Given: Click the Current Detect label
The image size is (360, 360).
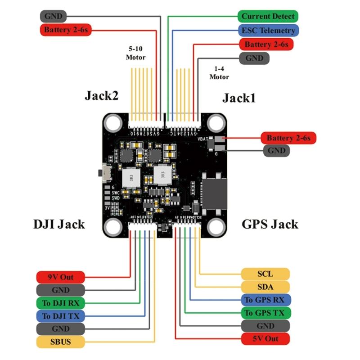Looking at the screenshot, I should tap(268, 17).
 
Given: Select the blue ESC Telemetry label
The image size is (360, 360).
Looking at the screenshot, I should tap(268, 31).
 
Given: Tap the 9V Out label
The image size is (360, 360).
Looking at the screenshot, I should tap(60, 277).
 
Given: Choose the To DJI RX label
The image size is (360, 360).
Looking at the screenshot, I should tap(60, 302).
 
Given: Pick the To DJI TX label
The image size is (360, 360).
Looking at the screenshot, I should tap(60, 315).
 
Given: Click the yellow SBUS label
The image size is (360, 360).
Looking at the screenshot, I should tap(60, 342).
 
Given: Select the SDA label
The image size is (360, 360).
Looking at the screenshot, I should tap(265, 287).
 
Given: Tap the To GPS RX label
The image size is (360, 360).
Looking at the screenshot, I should tap(265, 300).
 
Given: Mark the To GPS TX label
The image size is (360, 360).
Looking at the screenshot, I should tap(265, 313).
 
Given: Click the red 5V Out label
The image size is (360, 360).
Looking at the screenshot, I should tap(265, 338).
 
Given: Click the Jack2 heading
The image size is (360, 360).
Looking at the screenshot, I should tap(101, 96).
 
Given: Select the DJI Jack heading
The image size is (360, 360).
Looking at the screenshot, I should tap(59, 224).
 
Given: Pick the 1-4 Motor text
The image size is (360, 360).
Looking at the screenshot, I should tap(219, 73).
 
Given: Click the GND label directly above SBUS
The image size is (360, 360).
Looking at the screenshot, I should tap(60, 328).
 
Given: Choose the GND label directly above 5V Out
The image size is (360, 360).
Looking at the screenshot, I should tap(265, 326).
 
